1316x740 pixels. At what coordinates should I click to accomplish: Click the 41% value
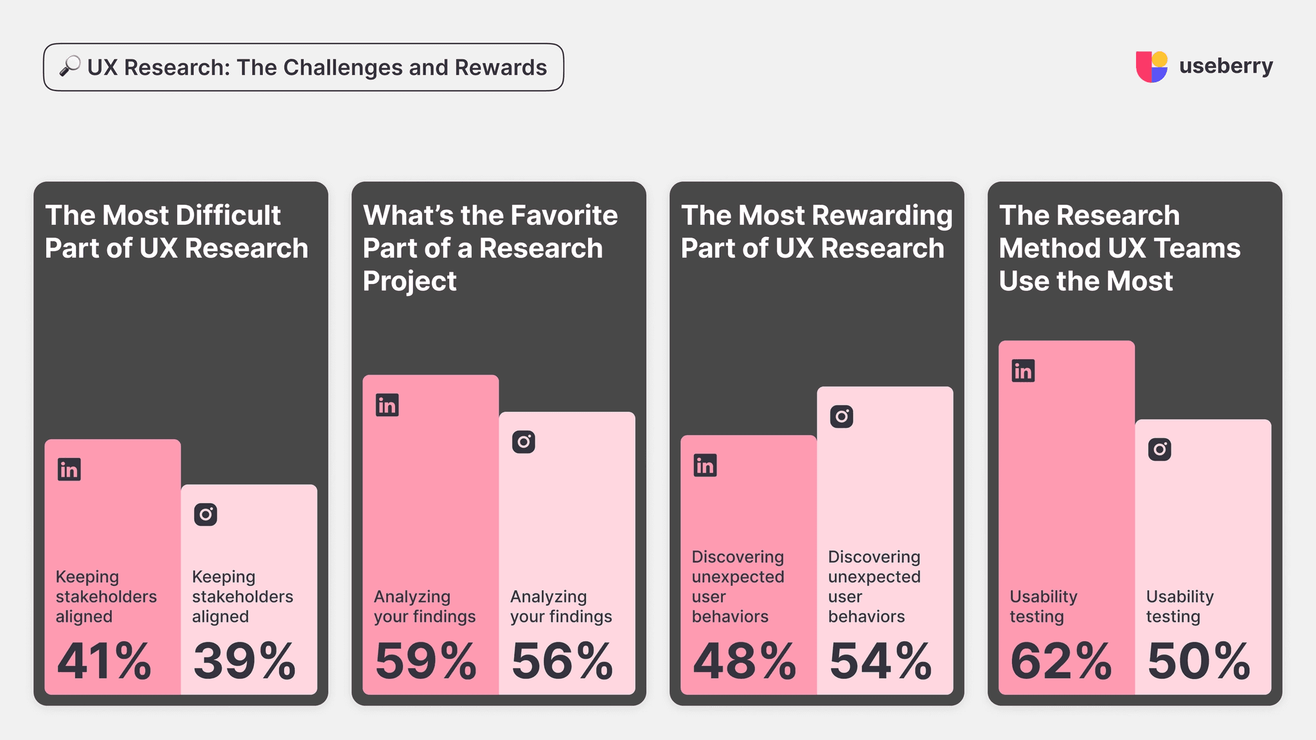[104, 661]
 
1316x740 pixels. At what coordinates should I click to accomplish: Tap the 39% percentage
[244, 661]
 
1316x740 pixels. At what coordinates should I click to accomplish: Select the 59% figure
[425, 661]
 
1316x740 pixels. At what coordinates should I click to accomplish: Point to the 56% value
[562, 661]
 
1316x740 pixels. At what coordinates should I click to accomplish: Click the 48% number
[744, 661]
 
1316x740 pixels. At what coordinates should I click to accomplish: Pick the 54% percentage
[880, 661]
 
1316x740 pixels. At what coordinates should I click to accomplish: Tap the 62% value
[1060, 661]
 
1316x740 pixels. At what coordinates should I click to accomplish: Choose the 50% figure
[1198, 661]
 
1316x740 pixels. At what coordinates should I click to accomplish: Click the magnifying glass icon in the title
[70, 66]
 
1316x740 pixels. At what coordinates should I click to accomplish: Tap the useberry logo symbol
[1151, 67]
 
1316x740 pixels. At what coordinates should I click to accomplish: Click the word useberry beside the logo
[1225, 66]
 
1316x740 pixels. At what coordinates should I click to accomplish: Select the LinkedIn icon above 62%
[1023, 371]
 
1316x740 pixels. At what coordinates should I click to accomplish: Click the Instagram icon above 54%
[841, 417]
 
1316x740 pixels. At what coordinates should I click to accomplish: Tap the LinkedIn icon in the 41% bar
[69, 470]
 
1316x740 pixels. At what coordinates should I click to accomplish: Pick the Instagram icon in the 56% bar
[524, 442]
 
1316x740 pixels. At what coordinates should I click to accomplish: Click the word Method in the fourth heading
[1040, 248]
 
